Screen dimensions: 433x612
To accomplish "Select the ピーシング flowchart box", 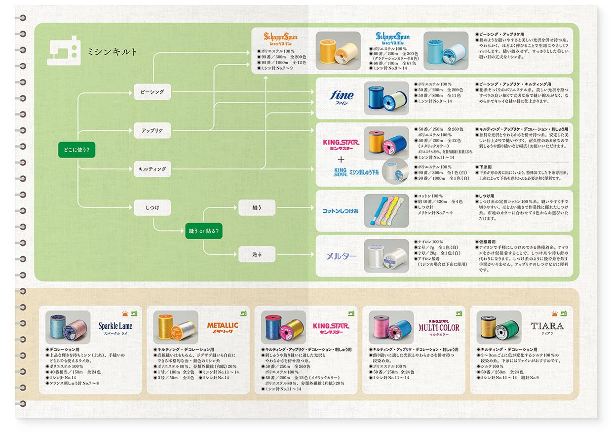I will (x=152, y=92).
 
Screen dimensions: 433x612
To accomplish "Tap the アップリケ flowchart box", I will (x=152, y=130).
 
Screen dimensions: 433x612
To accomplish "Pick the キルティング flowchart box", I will (x=152, y=169).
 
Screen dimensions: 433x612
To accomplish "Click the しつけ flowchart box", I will (x=152, y=207).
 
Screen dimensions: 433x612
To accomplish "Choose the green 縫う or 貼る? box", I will (x=203, y=231).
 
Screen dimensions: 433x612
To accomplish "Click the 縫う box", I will (x=257, y=207).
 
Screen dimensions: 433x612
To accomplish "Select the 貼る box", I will (x=257, y=254).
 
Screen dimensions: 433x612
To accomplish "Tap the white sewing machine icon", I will (x=64, y=52).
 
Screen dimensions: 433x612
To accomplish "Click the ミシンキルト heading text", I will (x=112, y=51).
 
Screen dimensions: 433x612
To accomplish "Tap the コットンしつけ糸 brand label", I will (x=341, y=211).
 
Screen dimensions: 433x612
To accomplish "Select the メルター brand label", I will (x=341, y=256).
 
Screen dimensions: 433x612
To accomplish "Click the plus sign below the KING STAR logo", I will (x=341, y=159).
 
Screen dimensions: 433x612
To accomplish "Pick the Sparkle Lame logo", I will (x=115, y=327).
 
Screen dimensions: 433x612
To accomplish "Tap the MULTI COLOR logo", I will (x=439, y=327).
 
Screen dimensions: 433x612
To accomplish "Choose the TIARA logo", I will (x=547, y=326).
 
